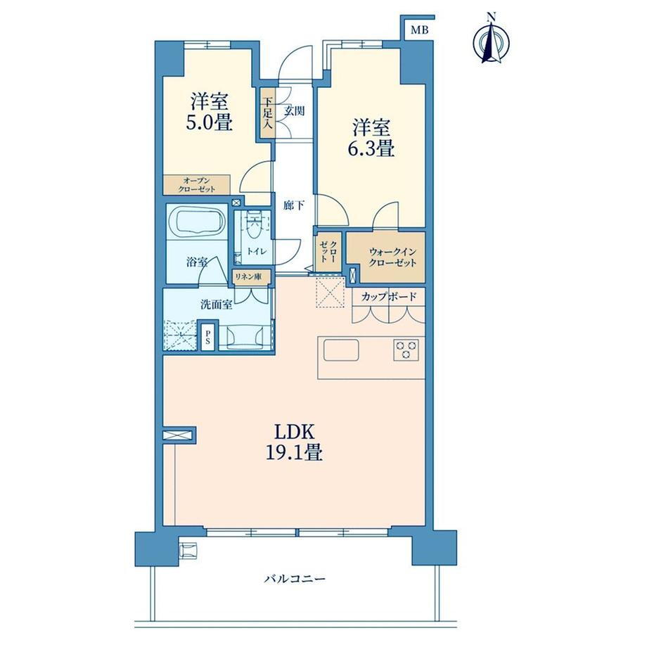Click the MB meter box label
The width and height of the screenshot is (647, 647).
pyautogui.click(x=420, y=30)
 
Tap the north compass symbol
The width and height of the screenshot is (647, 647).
pyautogui.click(x=491, y=41)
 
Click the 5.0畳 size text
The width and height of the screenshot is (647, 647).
pyautogui.click(x=209, y=122)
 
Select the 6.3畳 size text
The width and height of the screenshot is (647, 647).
pyautogui.click(x=371, y=148)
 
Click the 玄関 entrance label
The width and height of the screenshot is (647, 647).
pyautogui.click(x=295, y=111)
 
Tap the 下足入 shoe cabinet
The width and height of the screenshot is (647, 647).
pyautogui.click(x=267, y=113)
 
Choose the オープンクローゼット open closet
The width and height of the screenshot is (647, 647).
pyautogui.click(x=196, y=185)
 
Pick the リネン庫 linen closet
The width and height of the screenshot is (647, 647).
pyautogui.click(x=252, y=276)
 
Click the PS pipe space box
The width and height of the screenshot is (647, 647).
pyautogui.click(x=207, y=335)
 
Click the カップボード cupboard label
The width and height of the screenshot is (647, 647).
pyautogui.click(x=388, y=297)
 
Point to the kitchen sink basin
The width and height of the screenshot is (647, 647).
pyautogui.click(x=341, y=351)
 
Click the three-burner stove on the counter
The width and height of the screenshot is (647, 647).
pyautogui.click(x=406, y=350)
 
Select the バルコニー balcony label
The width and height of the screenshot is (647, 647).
pyautogui.click(x=295, y=579)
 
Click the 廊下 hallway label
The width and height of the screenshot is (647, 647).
pyautogui.click(x=293, y=205)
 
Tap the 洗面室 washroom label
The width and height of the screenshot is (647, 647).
pyautogui.click(x=216, y=305)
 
